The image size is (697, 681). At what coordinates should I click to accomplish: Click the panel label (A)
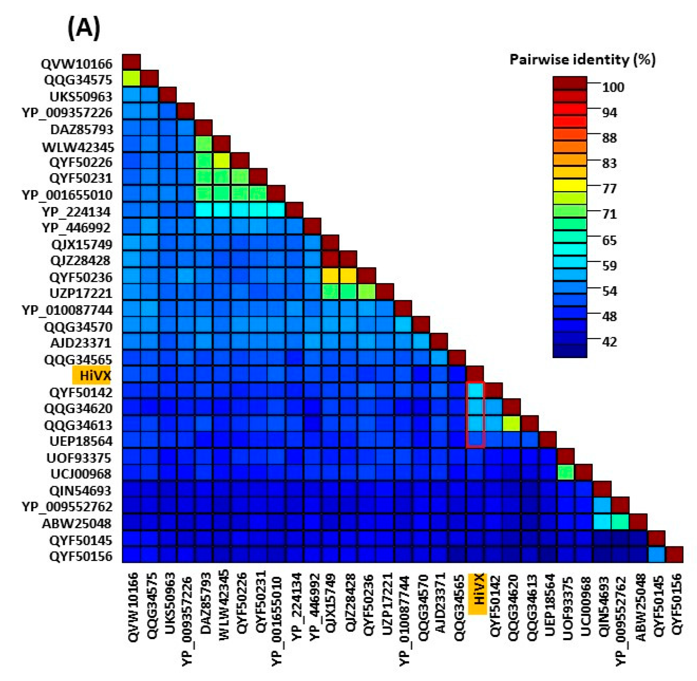click(x=84, y=28)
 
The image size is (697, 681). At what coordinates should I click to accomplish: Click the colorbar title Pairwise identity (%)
click(x=582, y=59)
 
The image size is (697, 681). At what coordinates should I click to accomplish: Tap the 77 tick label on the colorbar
click(x=609, y=189)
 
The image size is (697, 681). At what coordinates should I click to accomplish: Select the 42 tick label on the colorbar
click(x=609, y=342)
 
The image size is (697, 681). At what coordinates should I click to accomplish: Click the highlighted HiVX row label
click(x=94, y=375)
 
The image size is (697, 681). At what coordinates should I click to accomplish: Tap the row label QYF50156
click(x=81, y=556)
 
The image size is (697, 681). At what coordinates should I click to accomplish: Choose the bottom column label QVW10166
click(x=133, y=607)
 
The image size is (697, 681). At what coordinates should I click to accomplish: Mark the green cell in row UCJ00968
click(x=566, y=473)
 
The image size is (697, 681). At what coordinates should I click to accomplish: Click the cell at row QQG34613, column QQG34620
click(x=511, y=424)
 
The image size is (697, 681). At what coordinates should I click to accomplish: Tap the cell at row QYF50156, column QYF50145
click(x=656, y=554)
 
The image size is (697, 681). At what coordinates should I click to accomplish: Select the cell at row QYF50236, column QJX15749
click(x=330, y=276)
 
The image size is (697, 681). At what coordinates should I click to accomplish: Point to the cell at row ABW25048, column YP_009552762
click(x=620, y=522)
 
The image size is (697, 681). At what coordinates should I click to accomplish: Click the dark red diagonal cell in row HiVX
click(x=475, y=374)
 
